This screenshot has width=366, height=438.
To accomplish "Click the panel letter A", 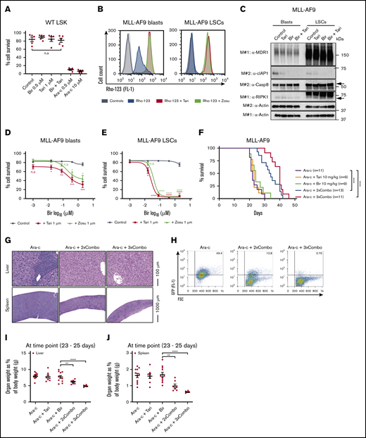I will click(6, 6).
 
